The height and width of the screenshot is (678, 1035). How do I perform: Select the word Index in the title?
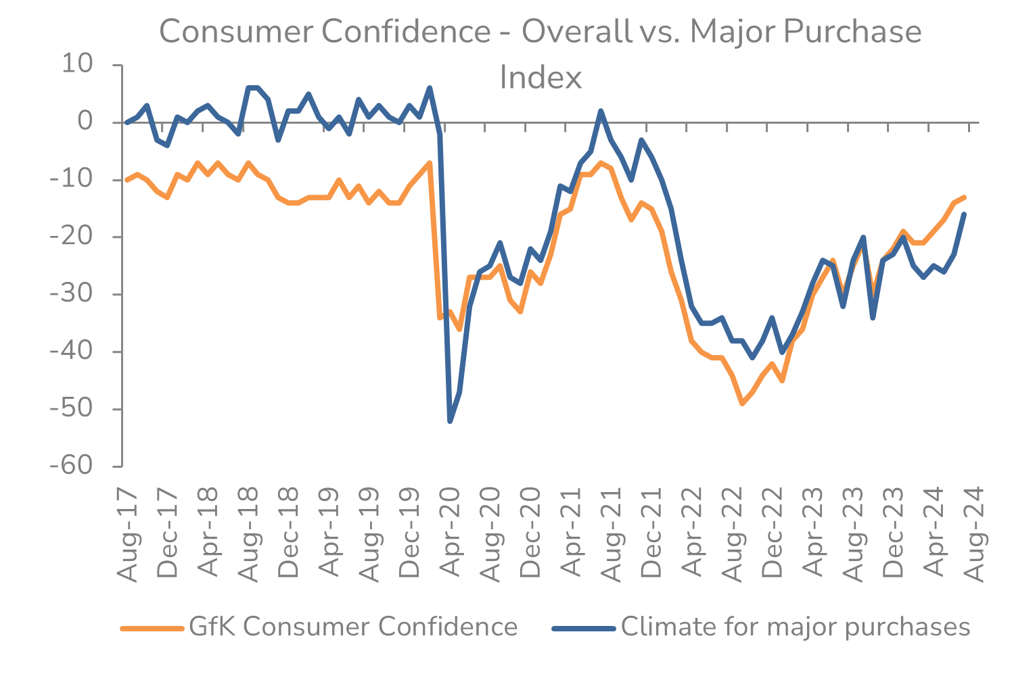(540, 78)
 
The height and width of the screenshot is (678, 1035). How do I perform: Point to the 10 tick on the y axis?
(77, 64)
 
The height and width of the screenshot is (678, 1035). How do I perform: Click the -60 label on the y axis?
(70, 466)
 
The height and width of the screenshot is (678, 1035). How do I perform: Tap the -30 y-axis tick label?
(70, 294)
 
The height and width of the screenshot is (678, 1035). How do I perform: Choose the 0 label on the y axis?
(85, 122)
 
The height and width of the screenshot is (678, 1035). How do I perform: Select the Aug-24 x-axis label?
(975, 533)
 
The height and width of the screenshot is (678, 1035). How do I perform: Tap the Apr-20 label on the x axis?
(450, 533)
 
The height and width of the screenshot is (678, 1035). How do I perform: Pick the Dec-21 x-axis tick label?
(651, 533)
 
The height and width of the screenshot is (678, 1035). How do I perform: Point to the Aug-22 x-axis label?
(733, 533)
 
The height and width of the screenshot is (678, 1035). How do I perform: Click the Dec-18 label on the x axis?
(289, 533)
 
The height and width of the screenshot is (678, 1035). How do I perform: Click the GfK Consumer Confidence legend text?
(353, 627)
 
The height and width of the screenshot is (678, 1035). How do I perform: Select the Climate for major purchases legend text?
(796, 627)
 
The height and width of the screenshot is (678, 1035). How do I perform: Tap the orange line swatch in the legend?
(152, 628)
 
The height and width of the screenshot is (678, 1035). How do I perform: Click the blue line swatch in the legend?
(584, 628)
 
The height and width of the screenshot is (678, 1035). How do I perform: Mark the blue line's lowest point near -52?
(450, 421)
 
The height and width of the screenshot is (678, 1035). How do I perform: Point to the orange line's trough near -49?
(742, 404)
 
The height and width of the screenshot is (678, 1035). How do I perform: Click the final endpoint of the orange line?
(964, 197)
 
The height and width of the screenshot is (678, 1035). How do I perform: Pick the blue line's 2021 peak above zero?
(601, 111)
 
